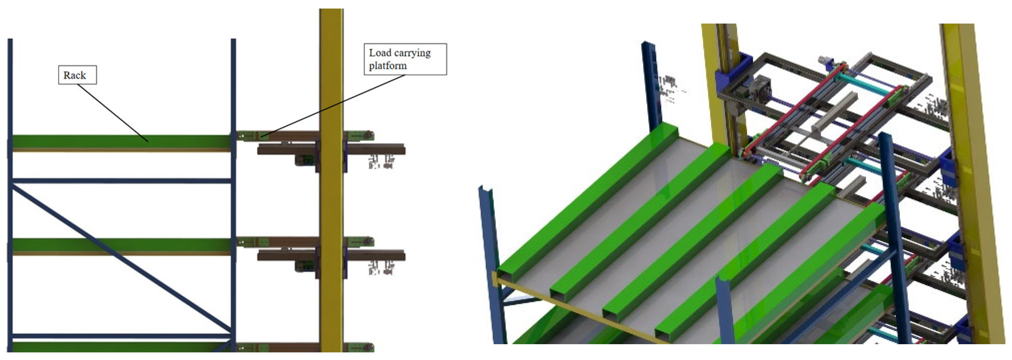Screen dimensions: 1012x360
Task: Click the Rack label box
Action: (x=77, y=75)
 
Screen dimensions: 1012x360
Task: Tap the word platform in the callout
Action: (x=388, y=65)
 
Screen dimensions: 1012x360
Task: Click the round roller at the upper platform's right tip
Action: (x=369, y=135)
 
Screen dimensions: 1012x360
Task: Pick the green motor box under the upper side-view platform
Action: (x=305, y=160)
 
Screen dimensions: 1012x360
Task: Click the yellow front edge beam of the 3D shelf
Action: (x=581, y=310)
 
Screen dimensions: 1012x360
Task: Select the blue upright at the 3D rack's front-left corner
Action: (x=491, y=263)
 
